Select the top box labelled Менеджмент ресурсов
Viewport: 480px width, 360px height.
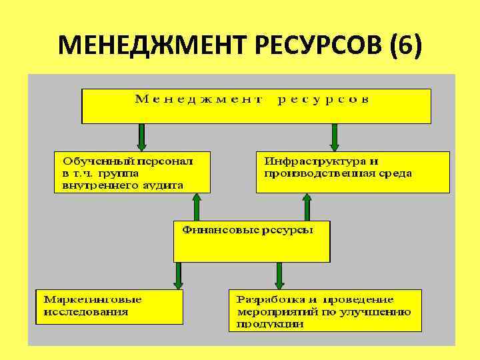[256, 106]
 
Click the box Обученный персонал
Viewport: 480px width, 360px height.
[132, 172]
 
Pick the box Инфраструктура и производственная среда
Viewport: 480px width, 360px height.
[353, 172]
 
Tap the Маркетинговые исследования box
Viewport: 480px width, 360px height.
[109, 306]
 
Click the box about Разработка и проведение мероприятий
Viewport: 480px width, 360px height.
[325, 310]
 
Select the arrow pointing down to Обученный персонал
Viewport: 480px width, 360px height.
[142, 138]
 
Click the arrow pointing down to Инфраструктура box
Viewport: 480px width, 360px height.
[334, 138]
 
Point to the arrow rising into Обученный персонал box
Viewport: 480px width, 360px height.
[197, 207]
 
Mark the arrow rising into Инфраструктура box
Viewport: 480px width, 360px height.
[307, 207]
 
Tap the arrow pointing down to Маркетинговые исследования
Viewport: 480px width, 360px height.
[179, 275]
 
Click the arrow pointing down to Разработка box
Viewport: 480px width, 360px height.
[279, 275]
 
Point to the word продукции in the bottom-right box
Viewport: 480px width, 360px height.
[270, 324]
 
